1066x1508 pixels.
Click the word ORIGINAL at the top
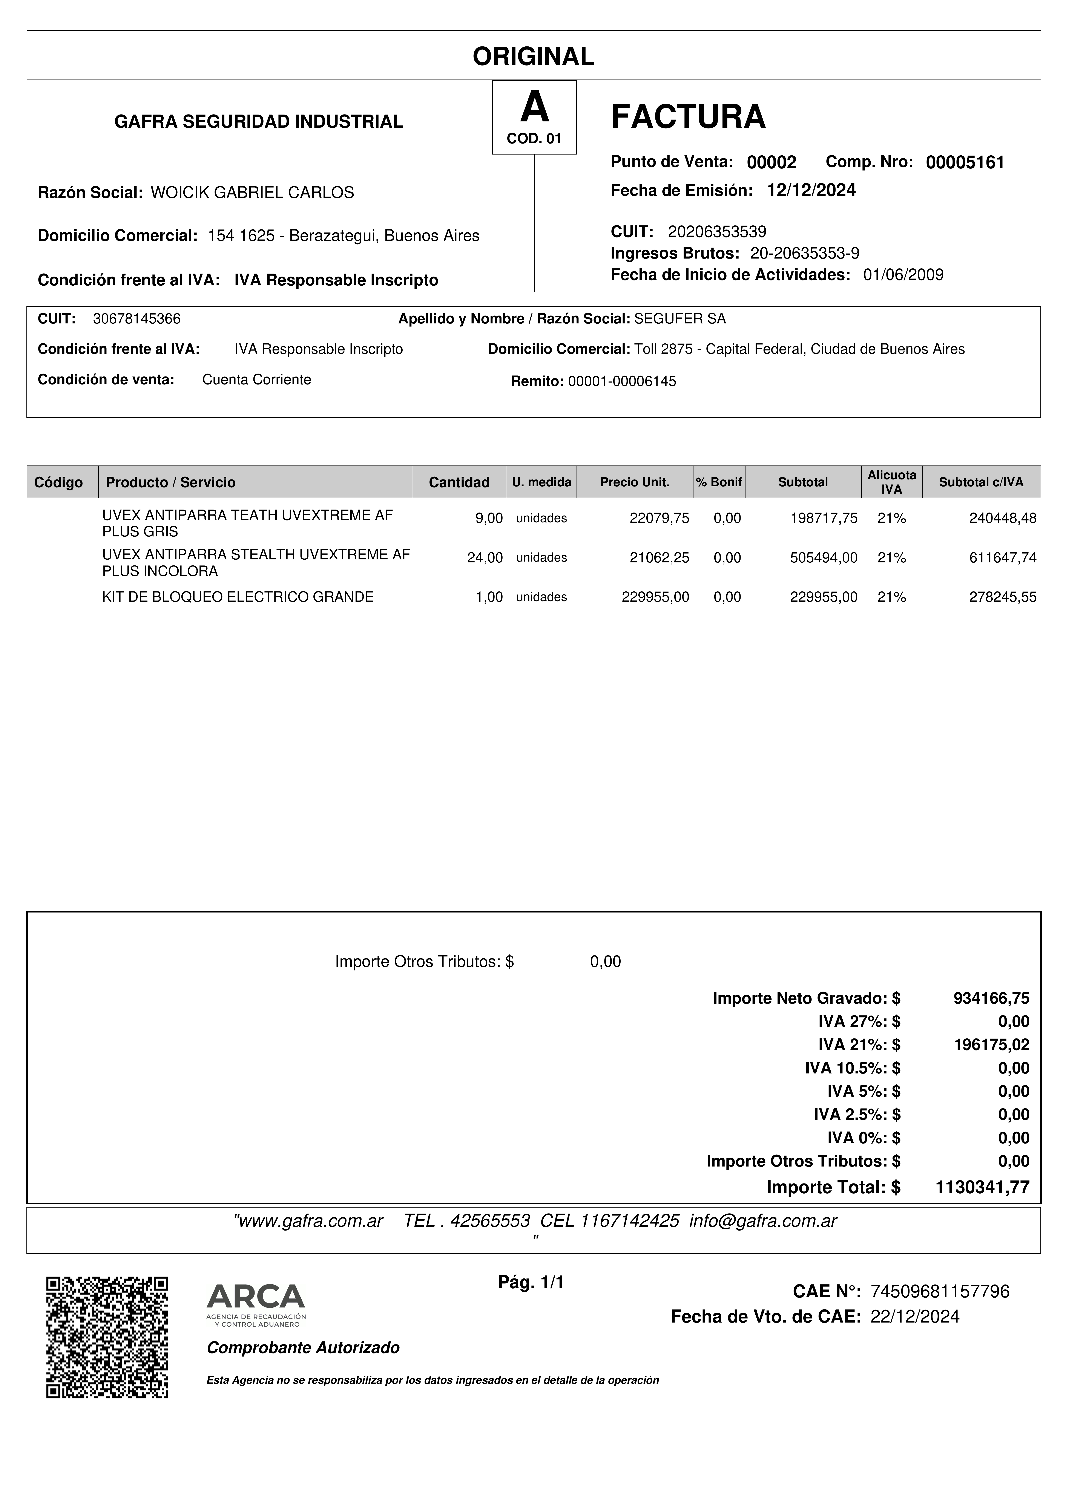533,57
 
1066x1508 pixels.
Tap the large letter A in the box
534,108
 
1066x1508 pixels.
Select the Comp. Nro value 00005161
965,163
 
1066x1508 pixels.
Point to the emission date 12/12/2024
811,190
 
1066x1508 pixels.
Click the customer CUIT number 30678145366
137,319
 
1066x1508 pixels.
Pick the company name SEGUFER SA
680,319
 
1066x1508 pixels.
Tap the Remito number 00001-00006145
621,382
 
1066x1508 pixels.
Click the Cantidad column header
459,482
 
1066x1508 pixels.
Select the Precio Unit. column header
635,482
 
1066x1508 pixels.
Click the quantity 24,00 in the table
485,558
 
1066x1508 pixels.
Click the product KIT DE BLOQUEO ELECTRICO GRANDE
238,597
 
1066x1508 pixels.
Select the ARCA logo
256,1304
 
